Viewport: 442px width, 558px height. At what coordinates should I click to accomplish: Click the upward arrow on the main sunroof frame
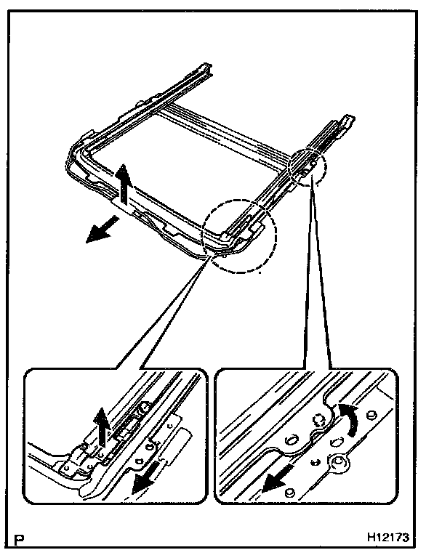coord(124,182)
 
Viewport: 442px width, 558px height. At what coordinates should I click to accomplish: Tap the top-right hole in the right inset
coord(371,413)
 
